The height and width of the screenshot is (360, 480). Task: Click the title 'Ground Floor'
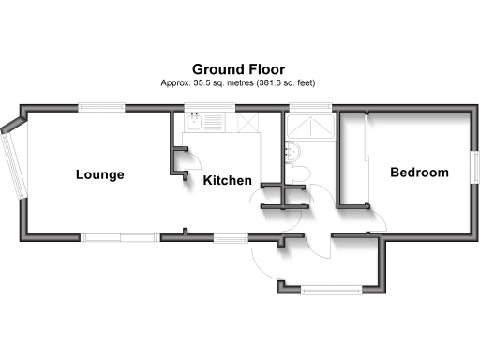point(238,68)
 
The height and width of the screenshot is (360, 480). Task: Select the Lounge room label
point(99,175)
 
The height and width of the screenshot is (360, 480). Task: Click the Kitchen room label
point(227,180)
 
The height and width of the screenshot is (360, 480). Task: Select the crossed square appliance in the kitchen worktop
point(248,123)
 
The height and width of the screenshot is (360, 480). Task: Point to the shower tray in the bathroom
point(309,125)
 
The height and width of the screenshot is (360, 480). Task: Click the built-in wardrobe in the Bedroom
point(352,159)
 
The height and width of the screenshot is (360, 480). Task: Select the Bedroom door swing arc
point(377,219)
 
